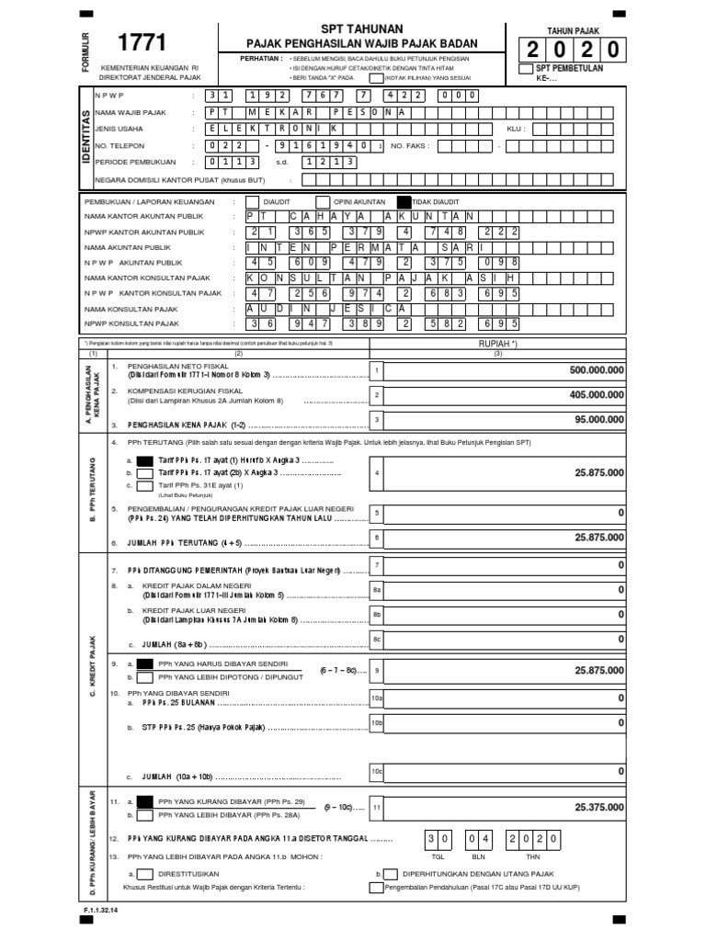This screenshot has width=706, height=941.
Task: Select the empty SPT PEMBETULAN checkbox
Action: tap(526, 69)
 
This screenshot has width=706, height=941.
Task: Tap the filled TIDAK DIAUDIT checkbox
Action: tap(404, 200)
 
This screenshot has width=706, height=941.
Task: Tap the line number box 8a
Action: tap(376, 590)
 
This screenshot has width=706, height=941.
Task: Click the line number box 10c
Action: tap(376, 771)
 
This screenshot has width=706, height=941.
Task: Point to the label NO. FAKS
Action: tap(411, 145)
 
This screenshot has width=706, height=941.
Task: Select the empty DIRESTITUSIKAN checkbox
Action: tap(143, 874)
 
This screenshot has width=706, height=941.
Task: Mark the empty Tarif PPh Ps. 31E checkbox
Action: tap(145, 485)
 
